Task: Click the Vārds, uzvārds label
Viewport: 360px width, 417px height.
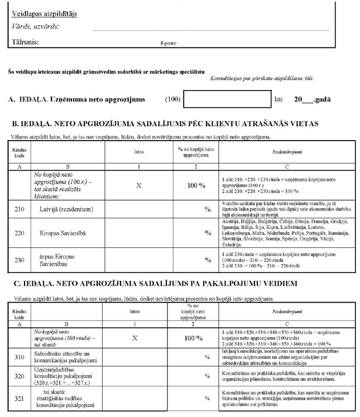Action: coord(35,26)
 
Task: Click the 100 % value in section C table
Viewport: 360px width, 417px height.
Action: coord(193,338)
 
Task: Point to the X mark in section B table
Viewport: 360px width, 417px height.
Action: coord(138,183)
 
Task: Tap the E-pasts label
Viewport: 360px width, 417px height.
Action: coord(168,42)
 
